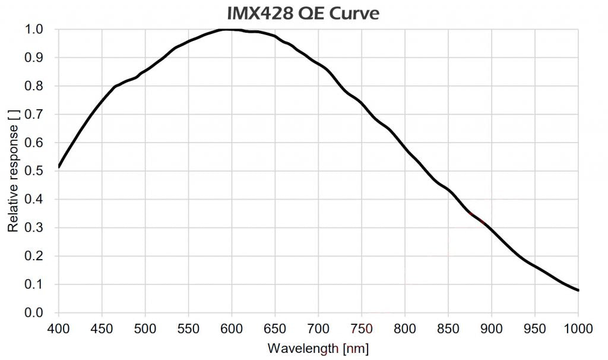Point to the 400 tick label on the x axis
59,328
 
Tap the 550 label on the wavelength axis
188,328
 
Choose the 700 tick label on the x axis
318,328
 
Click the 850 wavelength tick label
448,328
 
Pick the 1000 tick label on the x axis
578,328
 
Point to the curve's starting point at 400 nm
59,167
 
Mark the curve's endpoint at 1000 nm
578,290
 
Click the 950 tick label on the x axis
535,328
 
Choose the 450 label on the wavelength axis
102,328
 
